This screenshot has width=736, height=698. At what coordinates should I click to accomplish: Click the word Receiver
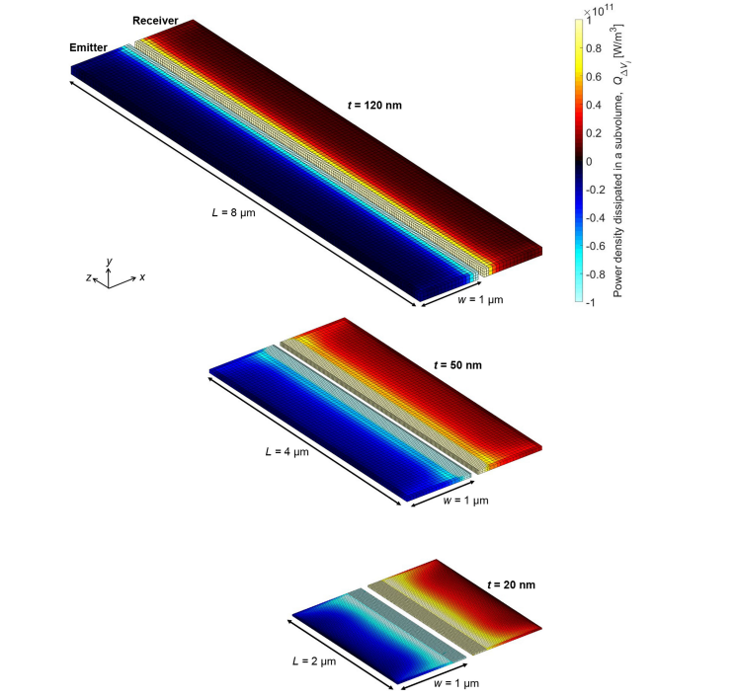[155, 21]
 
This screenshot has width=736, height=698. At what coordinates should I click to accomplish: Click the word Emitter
[88, 47]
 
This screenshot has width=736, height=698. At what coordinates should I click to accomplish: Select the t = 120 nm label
[374, 105]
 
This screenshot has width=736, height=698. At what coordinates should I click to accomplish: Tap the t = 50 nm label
[457, 365]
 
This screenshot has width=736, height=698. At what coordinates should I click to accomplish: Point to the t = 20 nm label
[511, 584]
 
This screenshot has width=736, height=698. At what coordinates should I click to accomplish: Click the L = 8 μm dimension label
[234, 212]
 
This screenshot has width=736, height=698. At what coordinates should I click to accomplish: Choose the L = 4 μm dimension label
[286, 452]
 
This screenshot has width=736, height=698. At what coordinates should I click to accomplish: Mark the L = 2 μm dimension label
[314, 660]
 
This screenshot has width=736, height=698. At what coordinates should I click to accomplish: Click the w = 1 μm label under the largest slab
[480, 299]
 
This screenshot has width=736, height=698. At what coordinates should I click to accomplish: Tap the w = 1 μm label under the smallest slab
[456, 683]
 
